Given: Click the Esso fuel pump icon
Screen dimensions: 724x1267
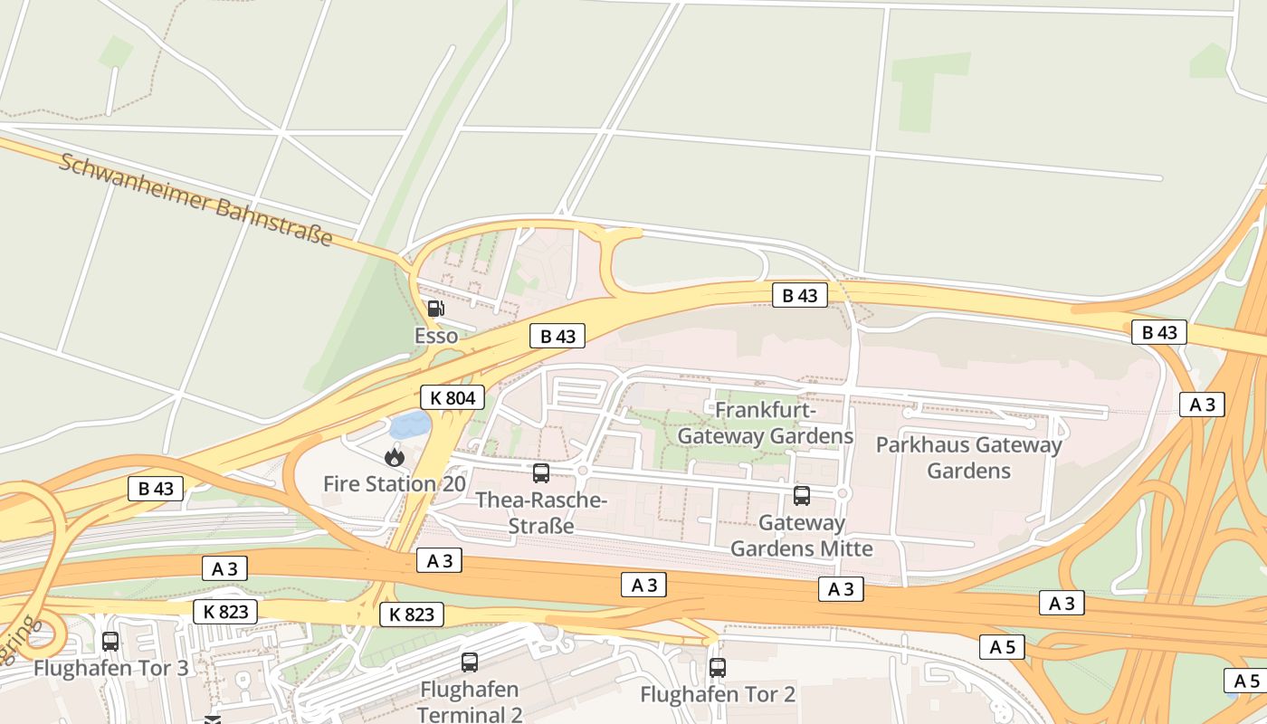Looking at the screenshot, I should (436, 309).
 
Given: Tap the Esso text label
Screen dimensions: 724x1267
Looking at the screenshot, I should (436, 337).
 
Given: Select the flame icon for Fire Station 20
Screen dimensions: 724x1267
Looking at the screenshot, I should (394, 457).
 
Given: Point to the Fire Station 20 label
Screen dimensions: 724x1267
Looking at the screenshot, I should (395, 484).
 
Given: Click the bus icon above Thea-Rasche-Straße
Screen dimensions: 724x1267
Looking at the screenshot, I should (541, 472).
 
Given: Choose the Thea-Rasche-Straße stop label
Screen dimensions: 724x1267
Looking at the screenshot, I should (541, 512).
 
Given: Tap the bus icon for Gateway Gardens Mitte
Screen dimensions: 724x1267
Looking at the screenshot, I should (802, 495).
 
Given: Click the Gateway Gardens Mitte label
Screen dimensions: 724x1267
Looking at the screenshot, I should (802, 536).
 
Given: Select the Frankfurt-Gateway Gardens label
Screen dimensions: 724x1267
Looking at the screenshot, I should (766, 424).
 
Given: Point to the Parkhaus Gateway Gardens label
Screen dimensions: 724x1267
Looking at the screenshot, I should (968, 458).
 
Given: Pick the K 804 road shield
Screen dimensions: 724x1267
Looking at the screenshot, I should (452, 397).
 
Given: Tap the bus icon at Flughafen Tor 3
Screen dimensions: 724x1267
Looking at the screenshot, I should (110, 641).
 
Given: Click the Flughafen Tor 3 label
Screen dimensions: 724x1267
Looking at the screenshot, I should (111, 669).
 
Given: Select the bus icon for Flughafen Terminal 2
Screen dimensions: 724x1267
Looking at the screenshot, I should (470, 662).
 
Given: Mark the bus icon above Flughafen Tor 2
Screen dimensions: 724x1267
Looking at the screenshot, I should (718, 668).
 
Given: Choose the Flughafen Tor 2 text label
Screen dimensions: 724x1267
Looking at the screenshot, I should (718, 695).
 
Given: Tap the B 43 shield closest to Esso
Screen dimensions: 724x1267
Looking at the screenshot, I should (557, 337).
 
